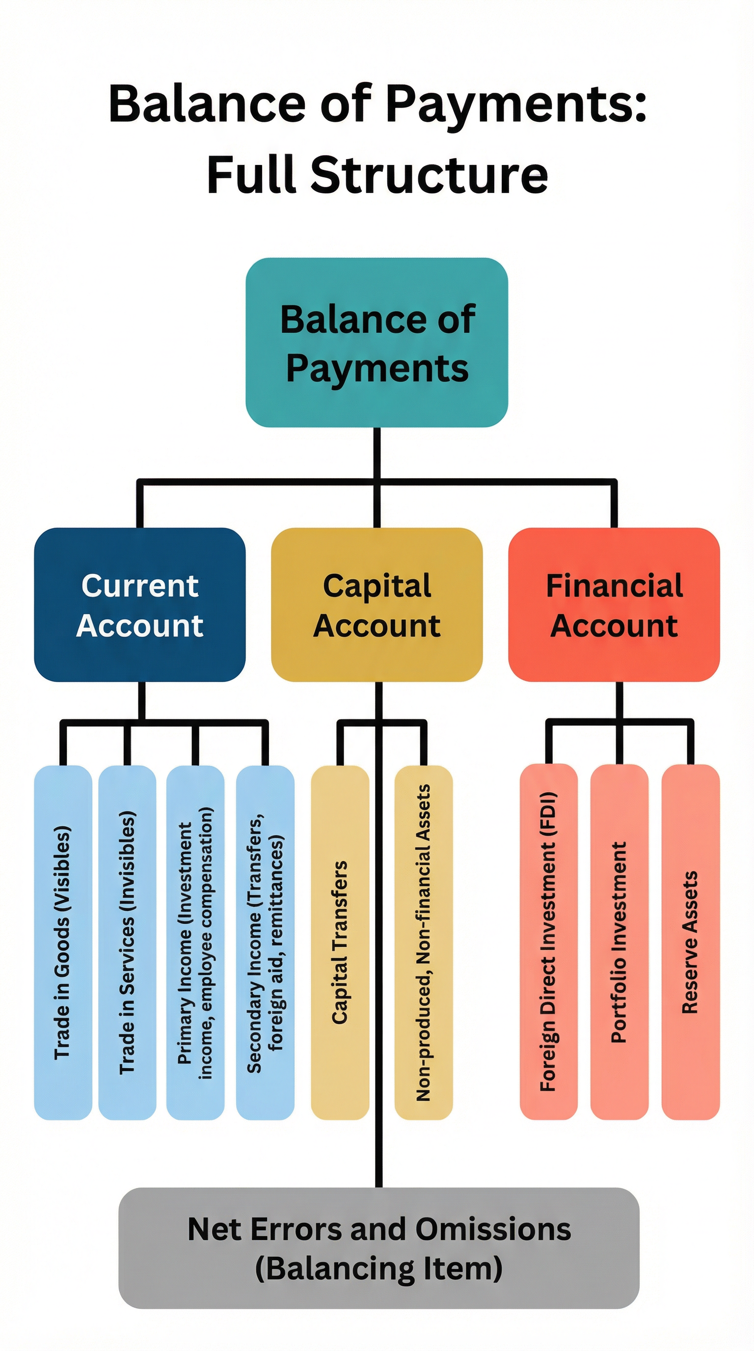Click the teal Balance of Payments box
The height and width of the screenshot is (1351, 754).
pos(377,342)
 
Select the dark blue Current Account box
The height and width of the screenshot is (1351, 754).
pos(139,604)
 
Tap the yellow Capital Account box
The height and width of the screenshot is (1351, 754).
pos(377,604)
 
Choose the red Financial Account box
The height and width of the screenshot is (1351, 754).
pos(614,604)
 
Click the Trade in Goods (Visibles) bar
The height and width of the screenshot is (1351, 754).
pos(63,942)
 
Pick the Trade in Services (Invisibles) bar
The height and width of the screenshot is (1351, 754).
pos(128,942)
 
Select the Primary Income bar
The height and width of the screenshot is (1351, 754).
pos(195,942)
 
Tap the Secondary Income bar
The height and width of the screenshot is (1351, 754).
pos(265,942)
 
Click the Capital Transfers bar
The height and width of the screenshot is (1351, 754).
pos(340,942)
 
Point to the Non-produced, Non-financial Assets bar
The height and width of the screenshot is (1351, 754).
pos(423,942)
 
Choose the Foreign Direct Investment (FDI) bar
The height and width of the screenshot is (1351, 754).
pos(548,942)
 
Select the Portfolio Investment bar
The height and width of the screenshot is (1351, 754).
pos(619,942)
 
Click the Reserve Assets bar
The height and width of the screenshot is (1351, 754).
pos(690,942)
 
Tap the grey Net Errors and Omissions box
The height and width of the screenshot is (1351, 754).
pos(378,1248)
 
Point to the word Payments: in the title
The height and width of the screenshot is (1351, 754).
pos(516,104)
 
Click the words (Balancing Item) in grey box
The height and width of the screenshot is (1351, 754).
pos(378,1269)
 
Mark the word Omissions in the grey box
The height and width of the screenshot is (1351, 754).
pos(493,1229)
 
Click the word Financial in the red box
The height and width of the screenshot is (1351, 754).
pos(614,585)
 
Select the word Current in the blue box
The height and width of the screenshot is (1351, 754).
pos(139,585)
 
